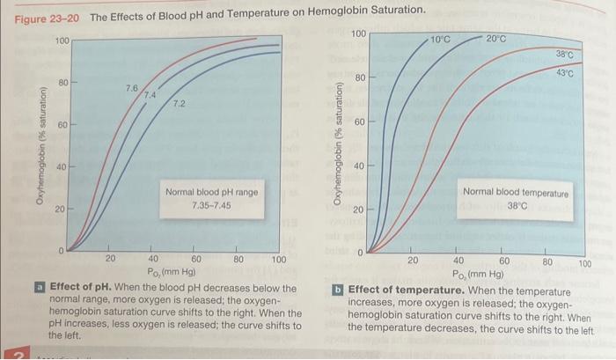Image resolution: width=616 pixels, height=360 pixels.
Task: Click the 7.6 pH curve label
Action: [x=131, y=88]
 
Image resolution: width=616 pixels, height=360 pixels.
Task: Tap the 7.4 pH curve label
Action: [x=149, y=94]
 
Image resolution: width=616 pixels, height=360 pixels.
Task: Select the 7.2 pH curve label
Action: [x=179, y=105]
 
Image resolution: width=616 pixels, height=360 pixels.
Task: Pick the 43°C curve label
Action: [x=564, y=74]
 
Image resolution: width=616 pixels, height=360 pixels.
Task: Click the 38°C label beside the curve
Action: [x=564, y=55]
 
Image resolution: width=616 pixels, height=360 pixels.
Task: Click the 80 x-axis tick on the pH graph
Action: [x=238, y=260]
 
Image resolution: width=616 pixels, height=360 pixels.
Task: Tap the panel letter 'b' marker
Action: [x=338, y=290]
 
